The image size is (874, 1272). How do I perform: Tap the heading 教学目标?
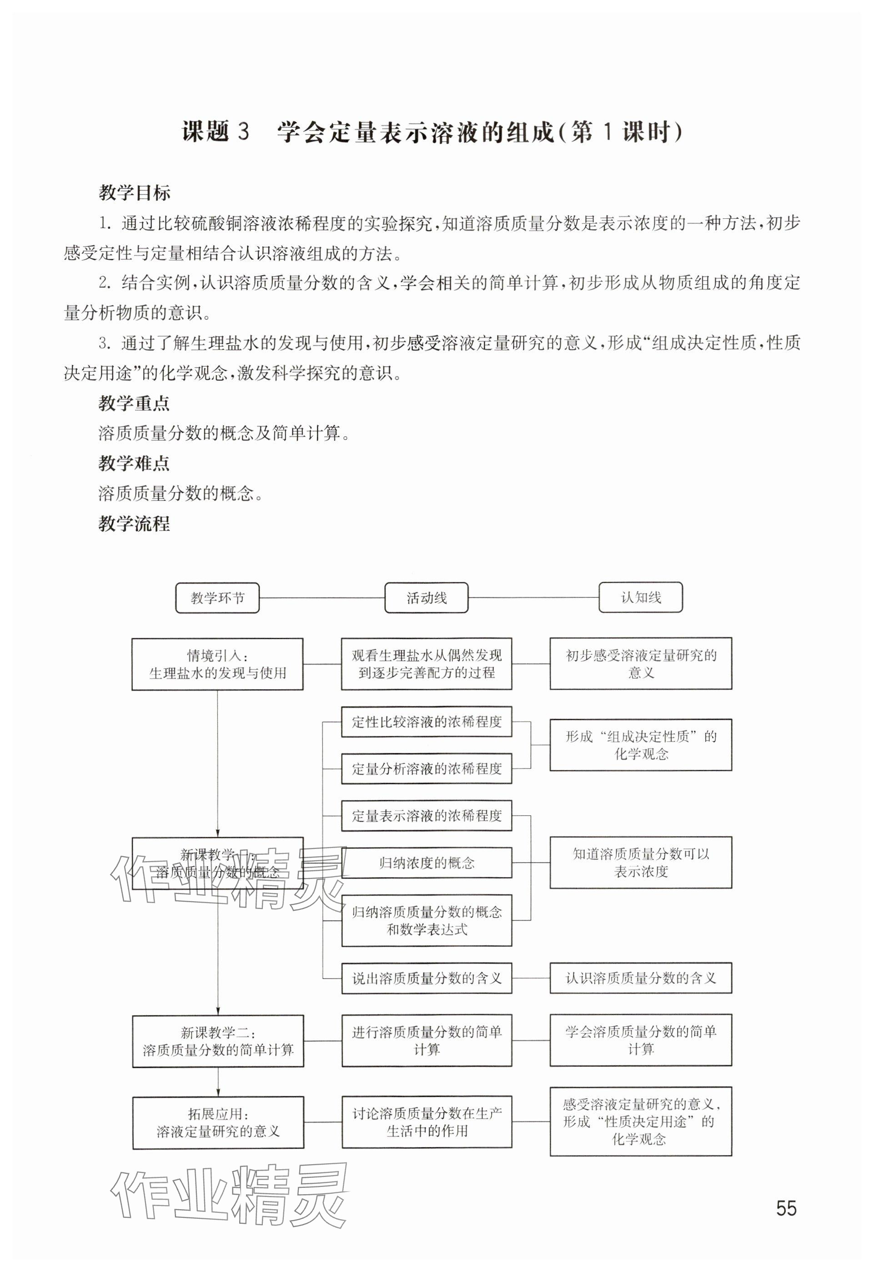pyautogui.click(x=134, y=193)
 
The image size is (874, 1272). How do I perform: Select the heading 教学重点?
pyautogui.click(x=134, y=404)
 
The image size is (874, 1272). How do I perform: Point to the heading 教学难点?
pyautogui.click(x=134, y=464)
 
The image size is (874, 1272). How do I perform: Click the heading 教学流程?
pyautogui.click(x=134, y=524)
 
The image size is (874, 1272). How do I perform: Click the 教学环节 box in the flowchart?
pyautogui.click(x=217, y=598)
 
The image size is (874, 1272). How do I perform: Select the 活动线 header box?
pyautogui.click(x=427, y=598)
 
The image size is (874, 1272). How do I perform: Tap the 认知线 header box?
pyautogui.click(x=641, y=597)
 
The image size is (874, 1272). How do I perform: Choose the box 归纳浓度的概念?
pyautogui.click(x=427, y=863)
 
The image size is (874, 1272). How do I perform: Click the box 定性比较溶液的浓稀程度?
pyautogui.click(x=427, y=722)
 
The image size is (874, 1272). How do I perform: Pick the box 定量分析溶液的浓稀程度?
pyautogui.click(x=427, y=768)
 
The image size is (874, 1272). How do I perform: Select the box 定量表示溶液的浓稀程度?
pyautogui.click(x=427, y=816)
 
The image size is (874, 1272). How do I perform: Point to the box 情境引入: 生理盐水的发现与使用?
pyautogui.click(x=217, y=664)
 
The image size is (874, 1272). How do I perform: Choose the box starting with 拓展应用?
pyautogui.click(x=218, y=1122)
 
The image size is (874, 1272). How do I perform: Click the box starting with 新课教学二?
pyautogui.click(x=218, y=1041)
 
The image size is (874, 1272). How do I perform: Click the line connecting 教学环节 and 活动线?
pyautogui.click(x=322, y=598)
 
